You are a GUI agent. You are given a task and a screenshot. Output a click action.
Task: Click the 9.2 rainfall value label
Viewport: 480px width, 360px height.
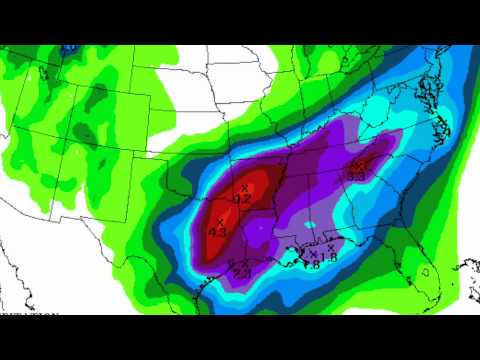pos(242,199)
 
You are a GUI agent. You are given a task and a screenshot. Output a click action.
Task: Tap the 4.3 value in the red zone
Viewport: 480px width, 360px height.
pos(217,232)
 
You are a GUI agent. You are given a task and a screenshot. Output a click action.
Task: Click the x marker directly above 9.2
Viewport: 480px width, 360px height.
pos(244,188)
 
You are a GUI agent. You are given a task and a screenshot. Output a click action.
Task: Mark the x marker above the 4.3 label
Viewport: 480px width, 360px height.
pos(219,221)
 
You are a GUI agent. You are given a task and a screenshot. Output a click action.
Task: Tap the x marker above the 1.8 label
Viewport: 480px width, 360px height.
pos(331,248)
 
